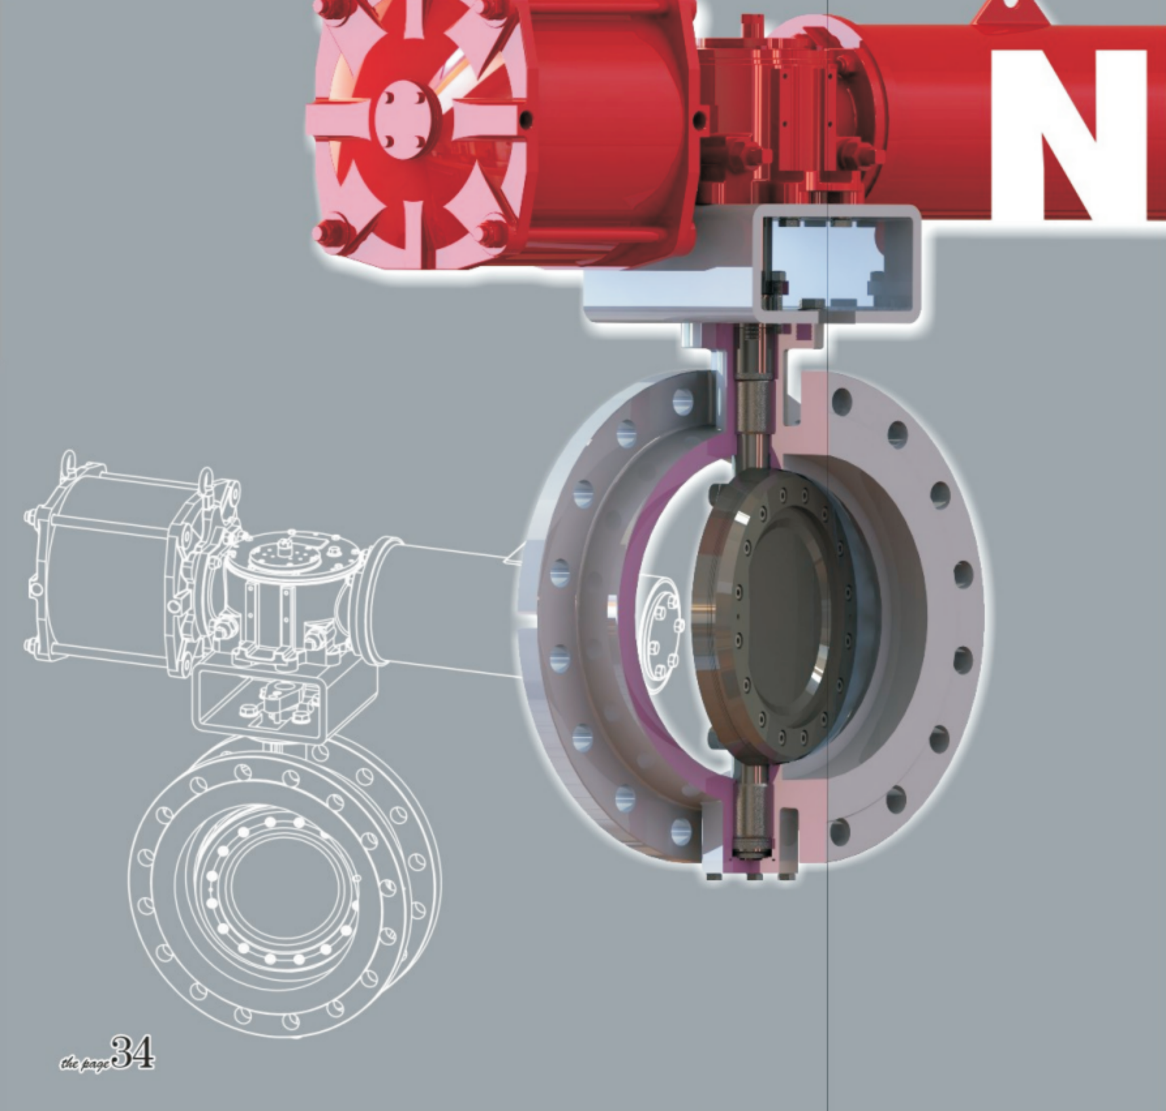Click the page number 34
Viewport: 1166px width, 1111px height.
click(133, 1052)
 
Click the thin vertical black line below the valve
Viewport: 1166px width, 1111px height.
click(828, 983)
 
